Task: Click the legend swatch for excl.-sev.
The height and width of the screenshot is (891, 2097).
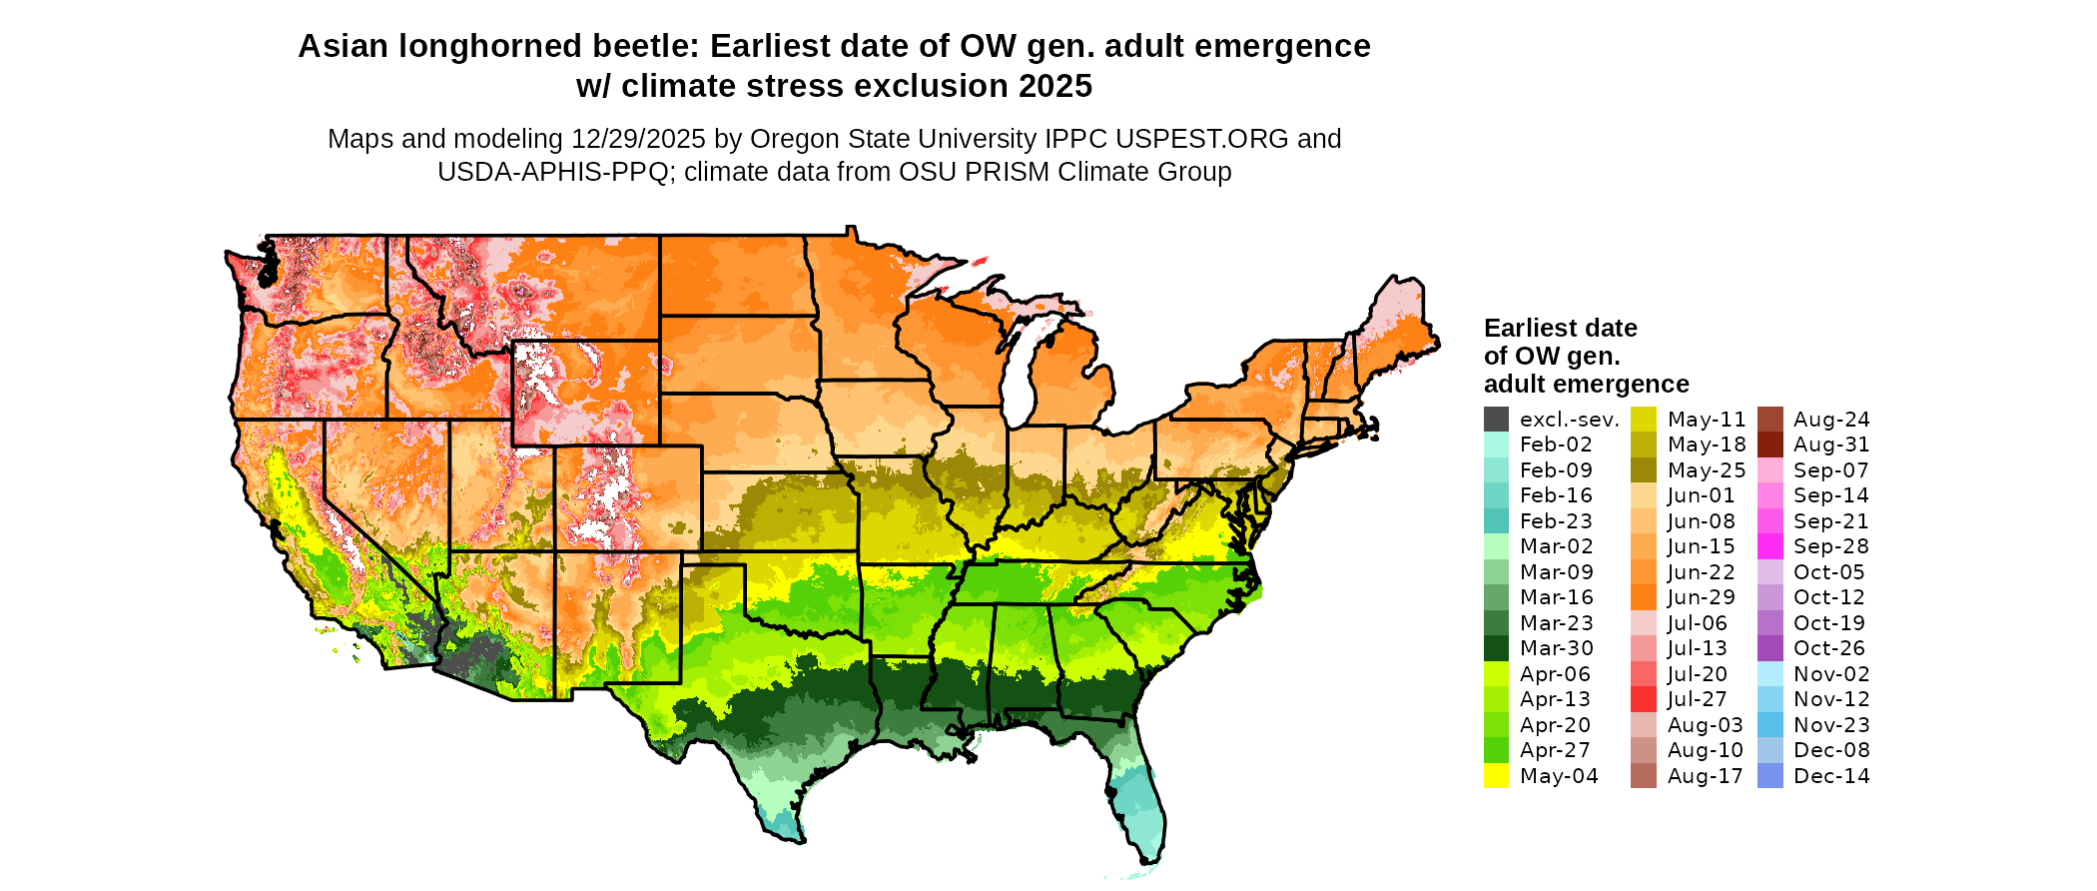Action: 1496,420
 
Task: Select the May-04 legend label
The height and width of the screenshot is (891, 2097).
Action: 1559,776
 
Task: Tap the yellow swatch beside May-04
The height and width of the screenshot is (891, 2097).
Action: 1496,776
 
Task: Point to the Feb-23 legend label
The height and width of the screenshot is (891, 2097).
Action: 1556,521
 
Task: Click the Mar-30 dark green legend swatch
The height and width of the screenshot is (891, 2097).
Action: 1496,648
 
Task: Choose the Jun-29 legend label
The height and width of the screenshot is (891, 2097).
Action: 1702,597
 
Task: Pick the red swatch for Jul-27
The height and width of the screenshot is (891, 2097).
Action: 1644,699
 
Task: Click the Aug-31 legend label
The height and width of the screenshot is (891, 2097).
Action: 1831,445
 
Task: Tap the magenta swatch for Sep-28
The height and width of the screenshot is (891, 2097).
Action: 1769,546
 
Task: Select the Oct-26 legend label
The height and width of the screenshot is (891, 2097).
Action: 1829,648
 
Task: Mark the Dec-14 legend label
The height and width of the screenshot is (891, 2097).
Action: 1831,776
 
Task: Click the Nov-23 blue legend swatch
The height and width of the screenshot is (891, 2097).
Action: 1769,725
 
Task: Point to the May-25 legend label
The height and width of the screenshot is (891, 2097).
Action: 1707,470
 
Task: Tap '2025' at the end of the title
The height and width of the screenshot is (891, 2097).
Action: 1055,87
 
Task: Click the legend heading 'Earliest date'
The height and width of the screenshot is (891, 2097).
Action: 1560,328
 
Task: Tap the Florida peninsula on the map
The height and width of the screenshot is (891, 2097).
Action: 1138,799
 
